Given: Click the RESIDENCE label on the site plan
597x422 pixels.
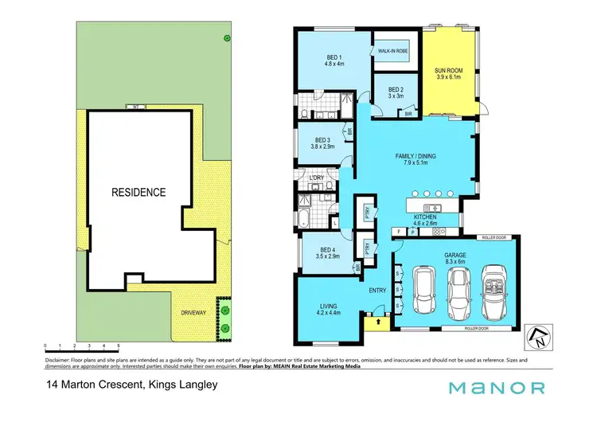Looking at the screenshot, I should click(139, 192).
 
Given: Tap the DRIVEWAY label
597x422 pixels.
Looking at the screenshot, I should click(193, 313).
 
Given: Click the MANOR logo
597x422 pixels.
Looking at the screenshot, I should click(497, 389).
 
